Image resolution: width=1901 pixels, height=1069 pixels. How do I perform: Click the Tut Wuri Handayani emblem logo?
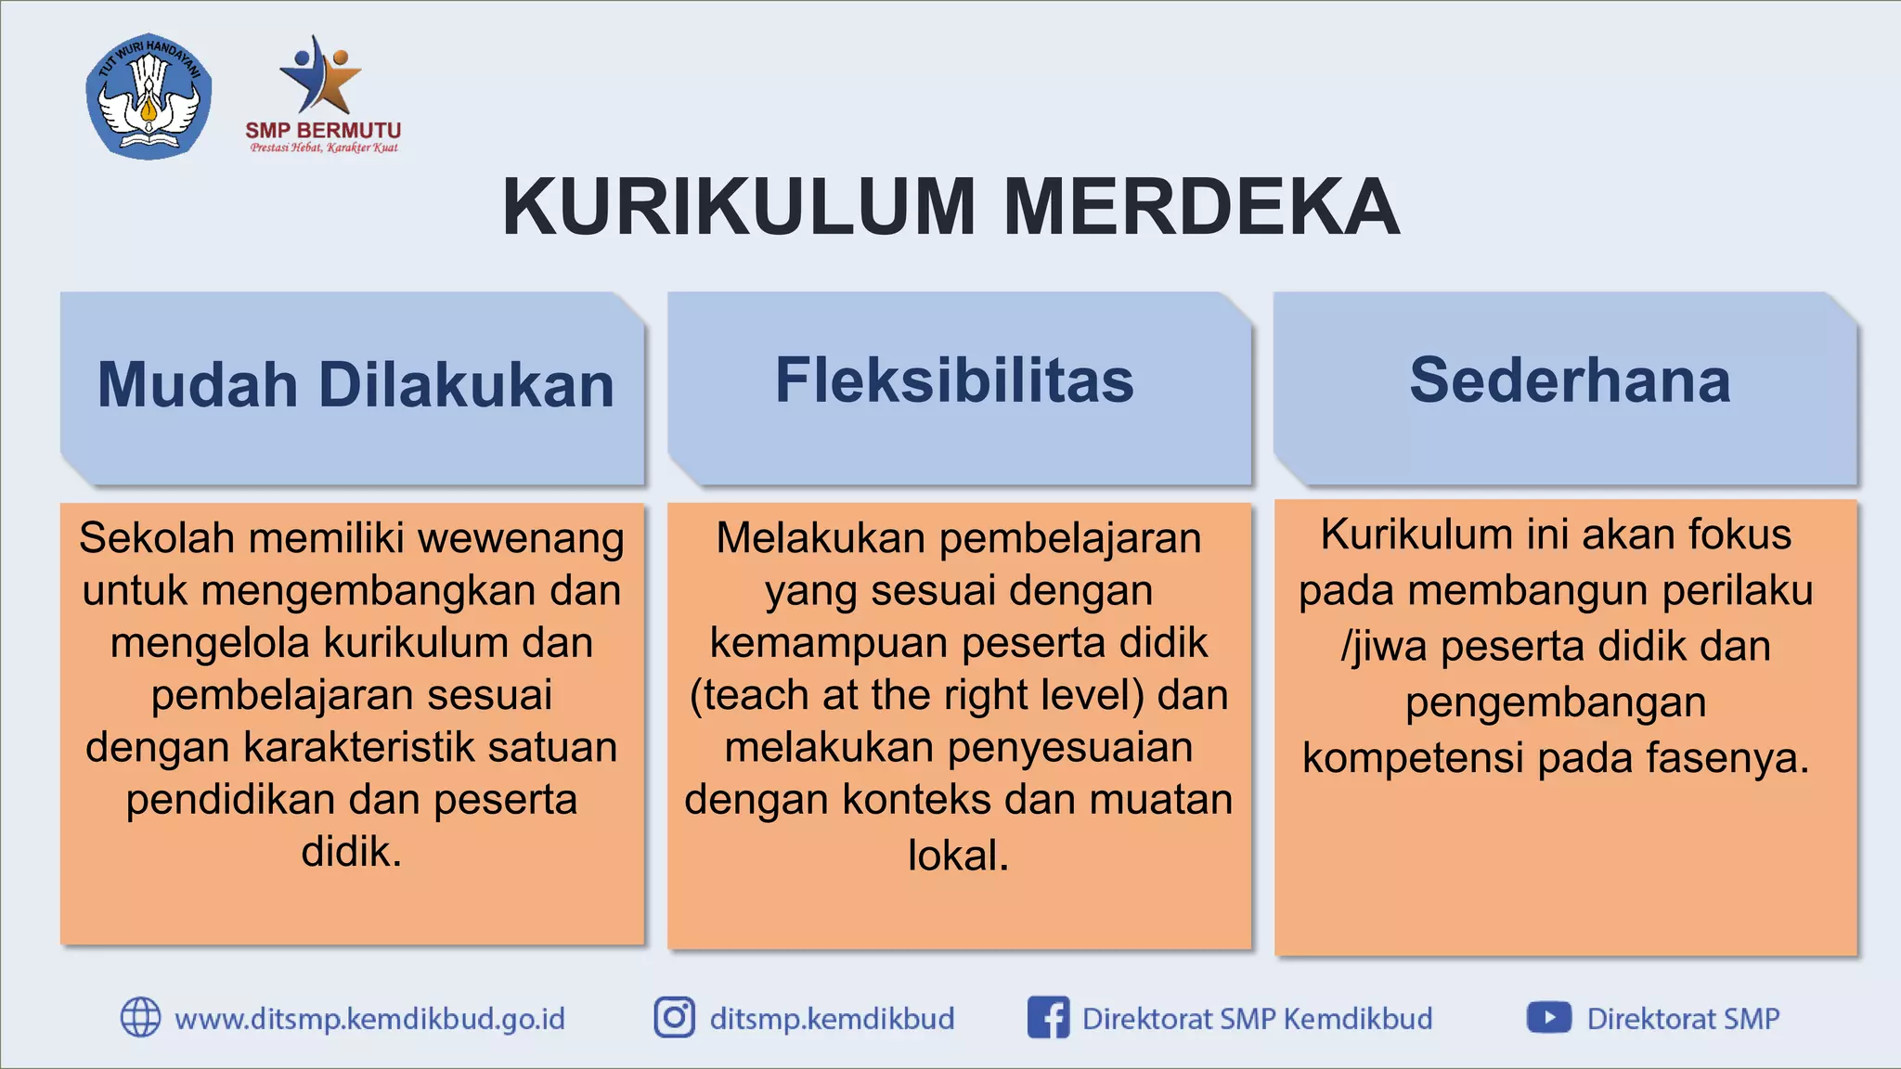pyautogui.click(x=149, y=97)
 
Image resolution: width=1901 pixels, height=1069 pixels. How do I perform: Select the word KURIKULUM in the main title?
pyautogui.click(x=739, y=207)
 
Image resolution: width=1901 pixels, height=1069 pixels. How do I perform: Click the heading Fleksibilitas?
pyautogui.click(x=954, y=380)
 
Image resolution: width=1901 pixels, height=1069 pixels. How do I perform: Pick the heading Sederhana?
pyautogui.click(x=1570, y=380)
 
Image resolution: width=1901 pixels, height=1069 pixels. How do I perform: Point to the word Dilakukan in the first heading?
pyautogui.click(x=466, y=384)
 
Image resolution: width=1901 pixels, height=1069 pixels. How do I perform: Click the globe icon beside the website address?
pyautogui.click(x=141, y=1017)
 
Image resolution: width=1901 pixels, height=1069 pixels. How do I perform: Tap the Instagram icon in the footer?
pyautogui.click(x=675, y=1017)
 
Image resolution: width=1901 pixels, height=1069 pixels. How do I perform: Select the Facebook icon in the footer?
pyautogui.click(x=1048, y=1017)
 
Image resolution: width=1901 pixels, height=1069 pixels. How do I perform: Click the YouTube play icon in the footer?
pyautogui.click(x=1548, y=1017)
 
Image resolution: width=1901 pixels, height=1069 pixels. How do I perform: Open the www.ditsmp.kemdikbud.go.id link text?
pyautogui.click(x=369, y=1019)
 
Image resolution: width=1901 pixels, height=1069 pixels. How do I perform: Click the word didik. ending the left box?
pyautogui.click(x=352, y=852)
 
